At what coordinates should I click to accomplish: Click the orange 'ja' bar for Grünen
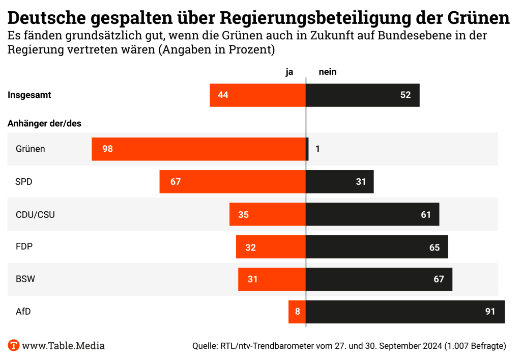point(198,149)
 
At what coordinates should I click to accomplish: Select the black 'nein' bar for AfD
point(405,312)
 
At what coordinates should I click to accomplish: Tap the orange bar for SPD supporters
point(233,182)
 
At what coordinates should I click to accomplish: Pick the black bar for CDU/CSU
point(372,214)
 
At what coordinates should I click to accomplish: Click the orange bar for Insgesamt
point(257,95)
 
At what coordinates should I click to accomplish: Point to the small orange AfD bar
point(297,312)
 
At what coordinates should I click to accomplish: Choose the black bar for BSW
point(379,279)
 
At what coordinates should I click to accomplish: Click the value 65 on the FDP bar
point(435,247)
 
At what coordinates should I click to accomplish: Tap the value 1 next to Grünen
point(317,149)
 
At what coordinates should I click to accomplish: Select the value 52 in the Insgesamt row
point(405,95)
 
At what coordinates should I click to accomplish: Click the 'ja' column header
point(290,72)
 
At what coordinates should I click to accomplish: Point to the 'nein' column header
point(327,72)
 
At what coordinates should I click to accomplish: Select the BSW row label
point(25,279)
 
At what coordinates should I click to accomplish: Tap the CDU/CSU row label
point(35,214)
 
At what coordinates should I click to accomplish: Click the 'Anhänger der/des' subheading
point(44,123)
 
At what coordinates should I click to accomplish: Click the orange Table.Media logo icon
point(13,346)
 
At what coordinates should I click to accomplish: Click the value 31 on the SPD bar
point(361,182)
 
